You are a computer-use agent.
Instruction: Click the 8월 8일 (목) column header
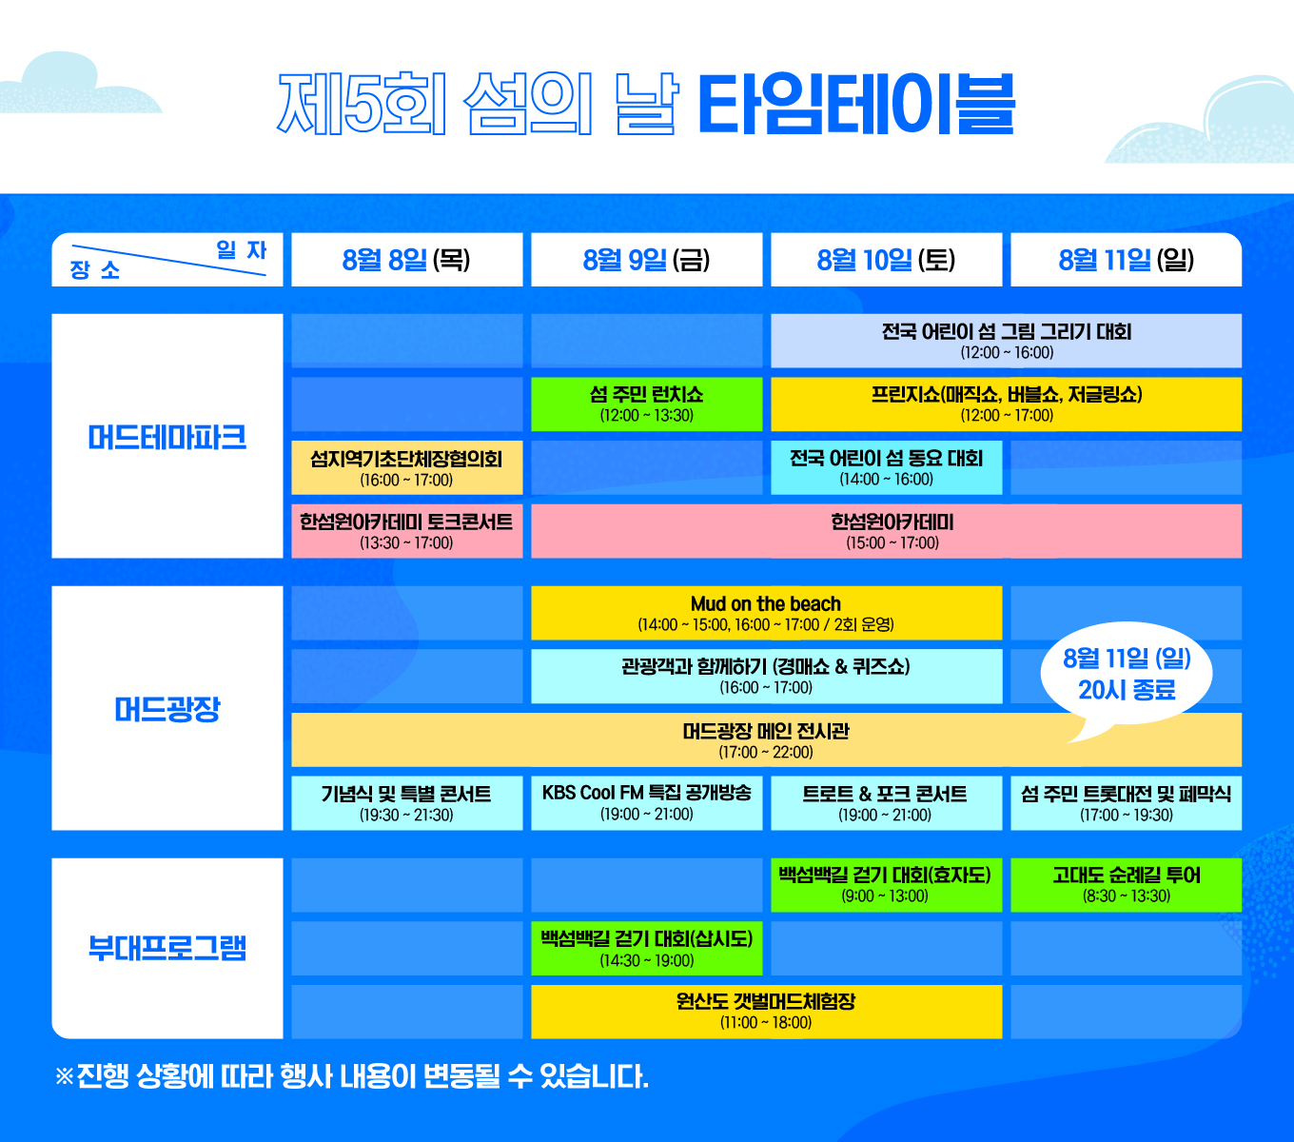coord(406,260)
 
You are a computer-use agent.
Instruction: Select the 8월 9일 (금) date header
coord(646,260)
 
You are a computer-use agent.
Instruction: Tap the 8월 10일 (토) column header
coord(886,260)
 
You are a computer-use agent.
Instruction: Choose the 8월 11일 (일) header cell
coord(1126,260)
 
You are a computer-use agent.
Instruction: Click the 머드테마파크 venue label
coord(167,437)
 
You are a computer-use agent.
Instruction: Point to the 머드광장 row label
coord(167,709)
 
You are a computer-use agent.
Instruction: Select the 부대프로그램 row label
coord(167,948)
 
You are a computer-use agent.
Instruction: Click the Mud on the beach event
coord(766,613)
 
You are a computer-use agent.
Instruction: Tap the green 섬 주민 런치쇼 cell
coord(646,404)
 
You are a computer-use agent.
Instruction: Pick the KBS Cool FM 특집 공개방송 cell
coord(646,802)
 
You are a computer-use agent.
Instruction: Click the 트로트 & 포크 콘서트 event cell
coord(886,802)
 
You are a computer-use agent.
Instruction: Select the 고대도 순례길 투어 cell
coord(1126,884)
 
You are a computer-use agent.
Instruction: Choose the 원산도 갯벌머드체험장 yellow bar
coord(766,1011)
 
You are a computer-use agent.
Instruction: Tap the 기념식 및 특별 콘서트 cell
coord(406,802)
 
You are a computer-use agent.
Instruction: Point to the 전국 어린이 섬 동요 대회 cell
coord(886,467)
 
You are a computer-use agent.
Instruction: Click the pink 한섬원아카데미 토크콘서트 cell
coord(406,531)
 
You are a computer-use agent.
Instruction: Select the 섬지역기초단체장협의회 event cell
coord(406,467)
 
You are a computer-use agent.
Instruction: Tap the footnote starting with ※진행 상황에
coord(352,1076)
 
